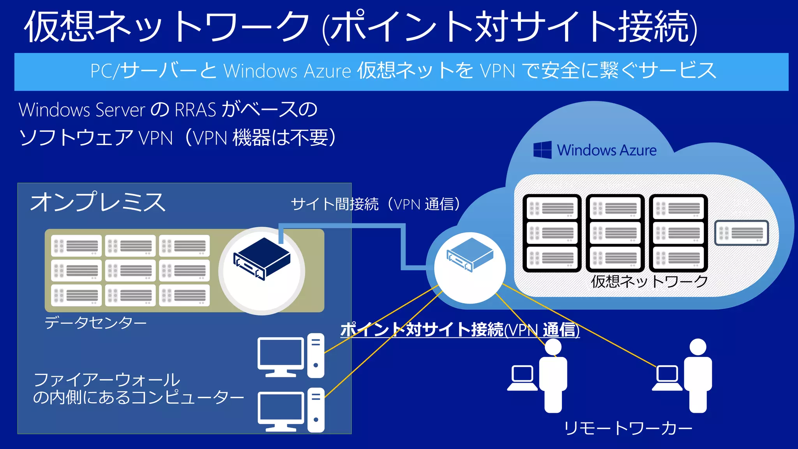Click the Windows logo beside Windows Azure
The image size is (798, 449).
[x=542, y=150]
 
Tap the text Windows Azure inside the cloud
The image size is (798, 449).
[x=607, y=150]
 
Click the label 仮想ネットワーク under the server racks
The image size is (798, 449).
[x=649, y=281]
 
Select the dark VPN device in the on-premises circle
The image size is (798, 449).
[x=262, y=258]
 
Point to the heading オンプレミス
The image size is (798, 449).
[x=98, y=202]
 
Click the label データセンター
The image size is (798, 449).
[x=95, y=323]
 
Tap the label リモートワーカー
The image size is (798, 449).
[x=628, y=428]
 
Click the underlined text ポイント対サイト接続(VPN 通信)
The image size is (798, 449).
[x=460, y=330]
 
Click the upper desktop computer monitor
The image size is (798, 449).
[x=281, y=353]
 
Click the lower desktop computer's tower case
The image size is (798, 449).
[x=316, y=410]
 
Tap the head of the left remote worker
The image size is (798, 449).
[x=553, y=346]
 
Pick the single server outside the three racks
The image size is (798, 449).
[x=742, y=233]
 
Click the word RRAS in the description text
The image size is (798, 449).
[x=195, y=110]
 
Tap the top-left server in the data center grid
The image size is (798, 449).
[x=76, y=246]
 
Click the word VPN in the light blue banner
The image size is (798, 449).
[x=498, y=71]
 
